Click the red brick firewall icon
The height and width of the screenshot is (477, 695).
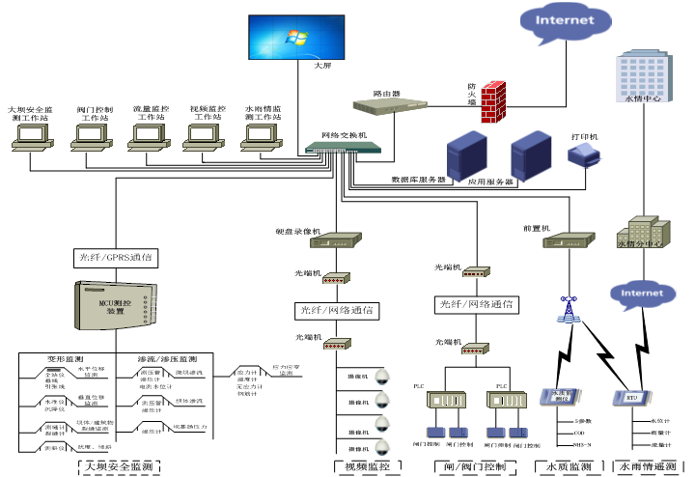[493, 100]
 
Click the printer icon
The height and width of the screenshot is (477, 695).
[586, 160]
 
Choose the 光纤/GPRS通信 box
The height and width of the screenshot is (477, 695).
[115, 258]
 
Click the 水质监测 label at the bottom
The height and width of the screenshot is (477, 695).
[569, 466]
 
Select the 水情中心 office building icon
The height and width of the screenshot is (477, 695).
[641, 75]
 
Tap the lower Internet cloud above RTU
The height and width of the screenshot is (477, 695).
[641, 294]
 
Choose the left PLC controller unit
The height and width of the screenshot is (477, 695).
[445, 401]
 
